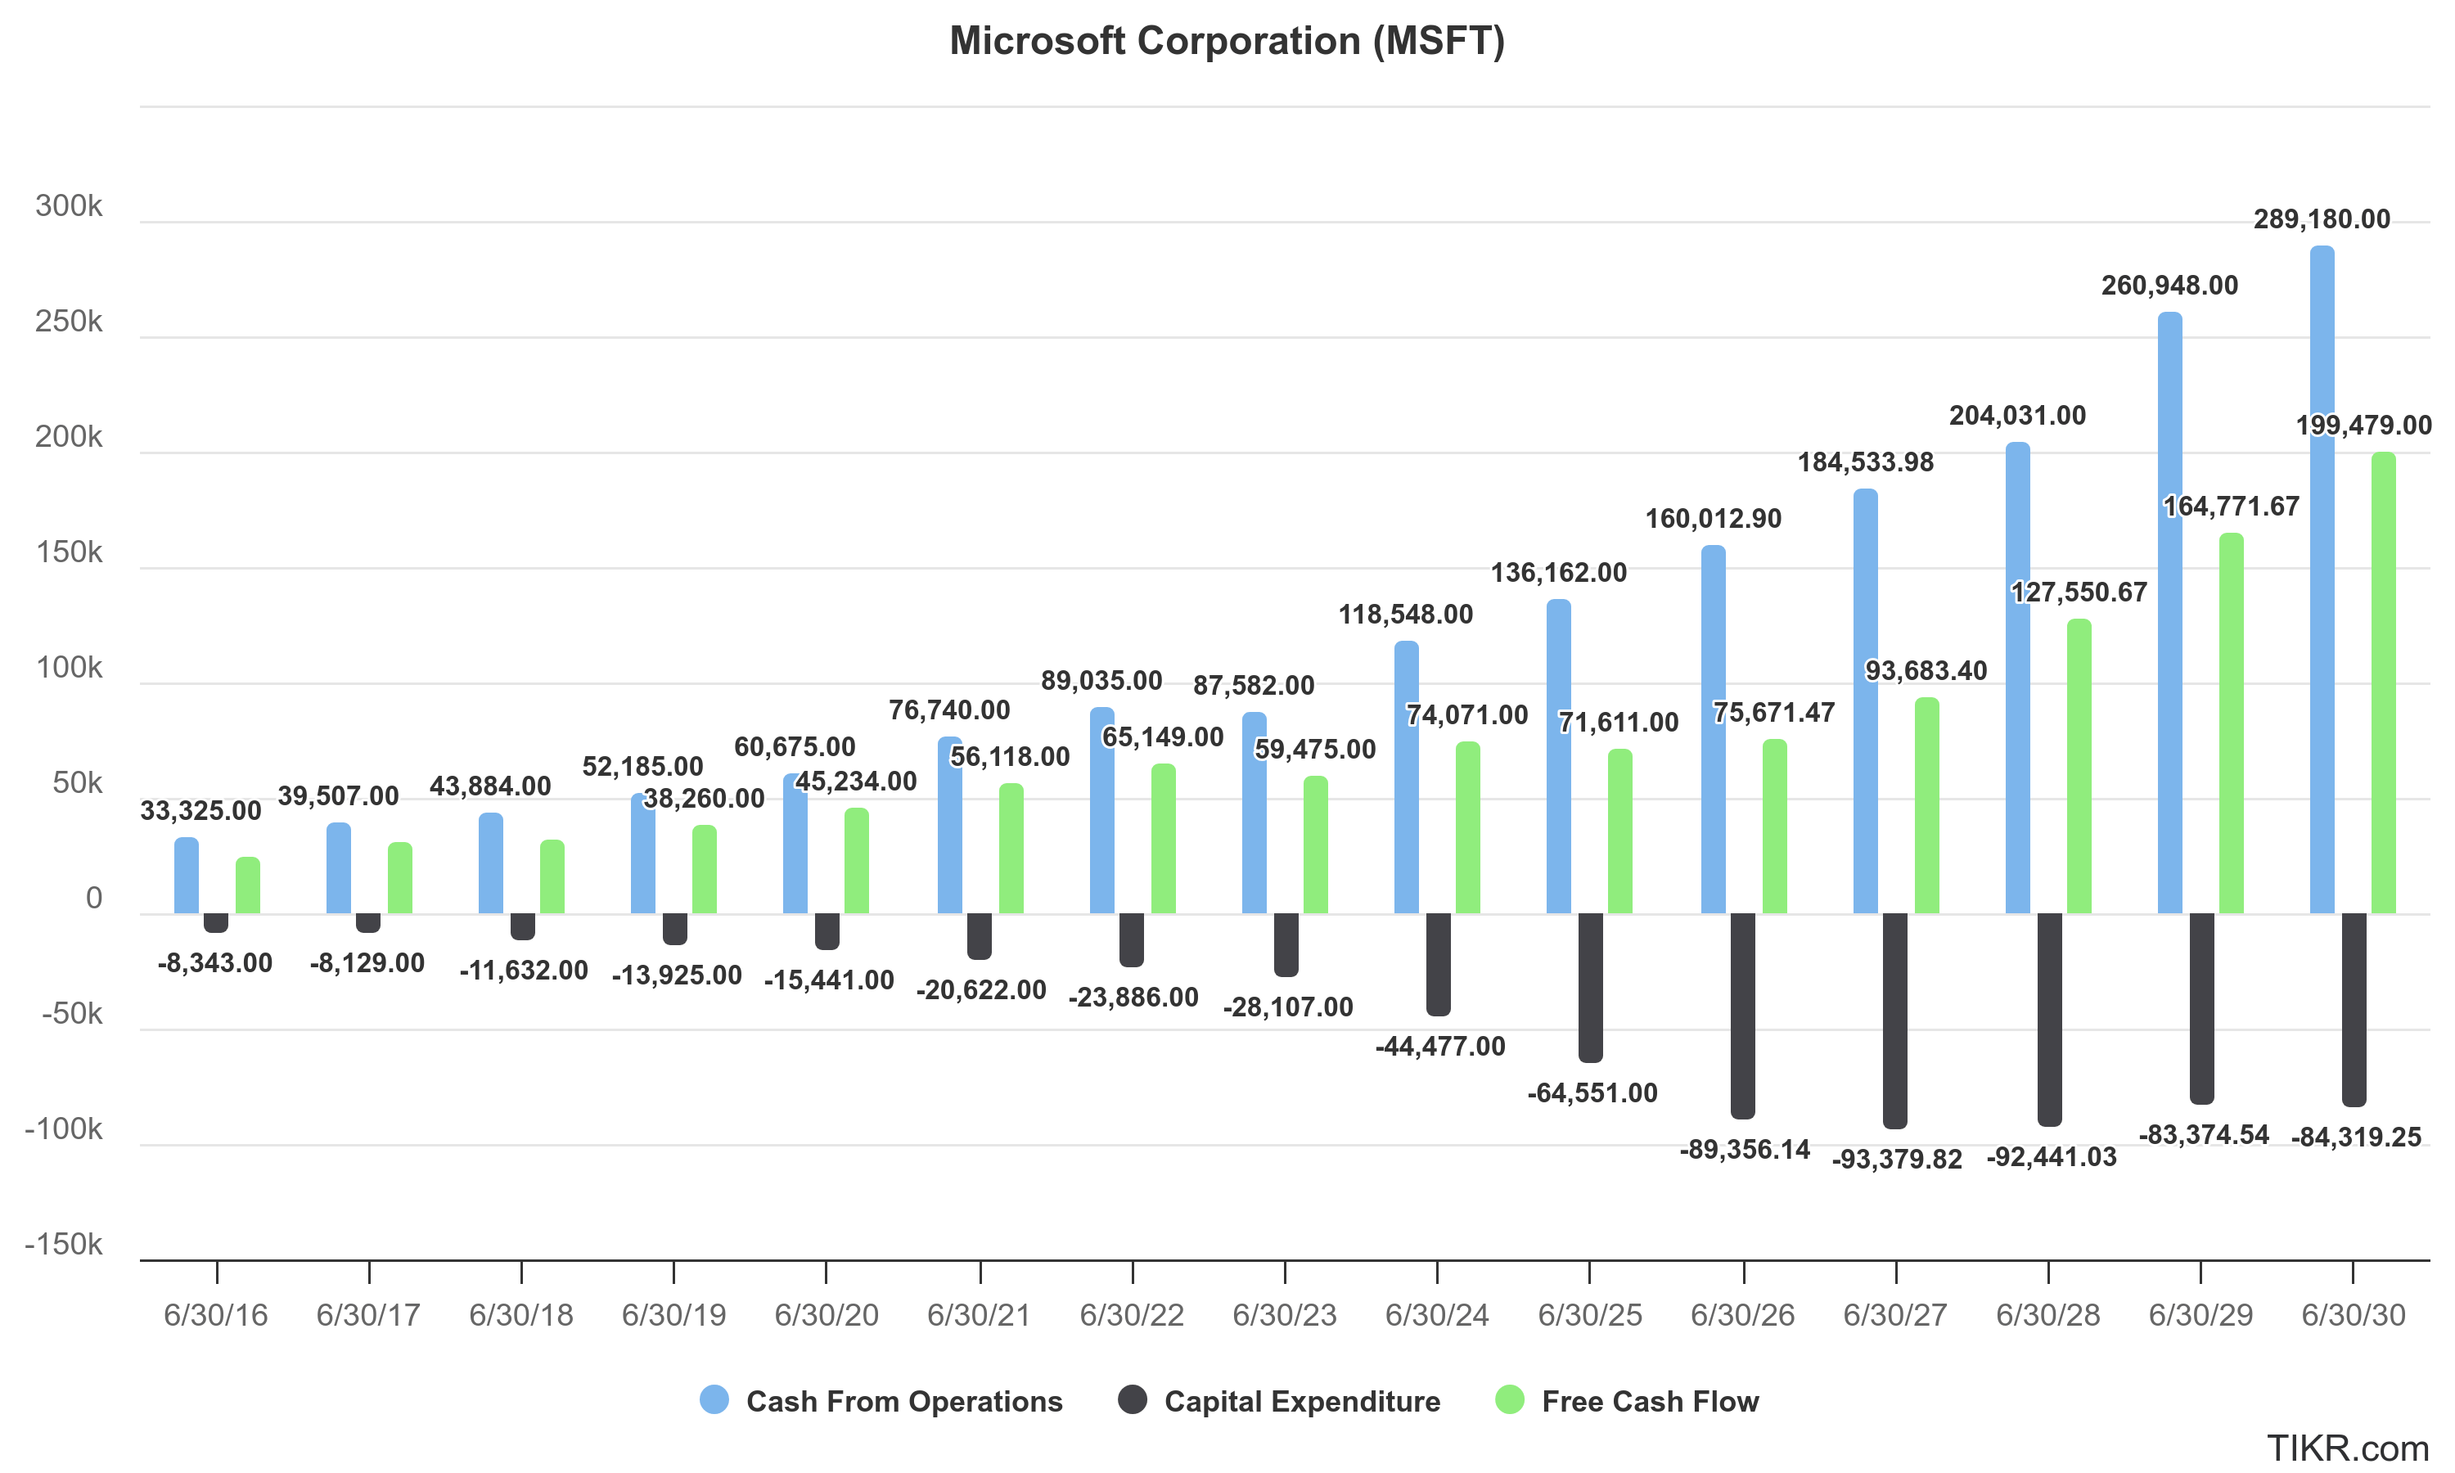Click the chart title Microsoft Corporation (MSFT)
1227,42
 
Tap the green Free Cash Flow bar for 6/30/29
2231,724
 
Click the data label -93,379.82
1896,1160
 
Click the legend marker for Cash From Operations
714,1399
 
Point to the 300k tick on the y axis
69,206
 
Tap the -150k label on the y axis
64,1244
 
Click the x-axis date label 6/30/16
215,1315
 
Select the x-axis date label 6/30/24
1436,1315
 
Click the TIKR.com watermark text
2347,1448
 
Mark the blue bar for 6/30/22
1101,811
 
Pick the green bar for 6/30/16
248,885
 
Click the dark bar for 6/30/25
1590,988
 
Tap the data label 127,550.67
2078,592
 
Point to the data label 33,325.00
200,811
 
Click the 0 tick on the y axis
94,899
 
